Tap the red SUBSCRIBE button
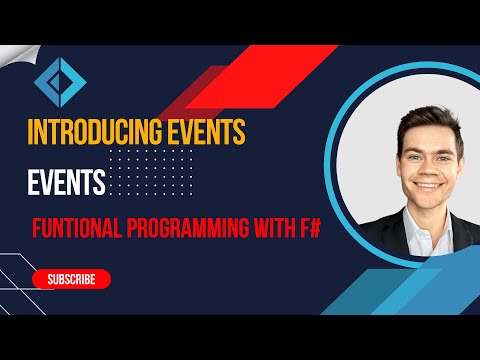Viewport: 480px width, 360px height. (x=71, y=279)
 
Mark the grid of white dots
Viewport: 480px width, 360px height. (x=150, y=170)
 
